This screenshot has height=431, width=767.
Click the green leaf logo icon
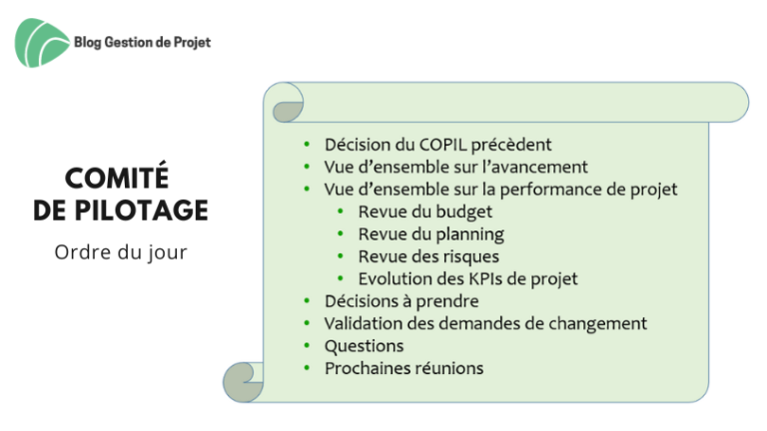pos(42,43)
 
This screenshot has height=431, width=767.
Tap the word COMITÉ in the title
pos(117,177)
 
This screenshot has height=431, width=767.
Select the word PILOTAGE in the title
pos(142,211)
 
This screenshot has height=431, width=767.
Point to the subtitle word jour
pos(168,253)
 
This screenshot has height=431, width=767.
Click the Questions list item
pos(364,346)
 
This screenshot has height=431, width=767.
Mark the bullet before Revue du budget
pos(341,212)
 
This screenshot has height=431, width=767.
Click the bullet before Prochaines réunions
pos(307,368)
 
